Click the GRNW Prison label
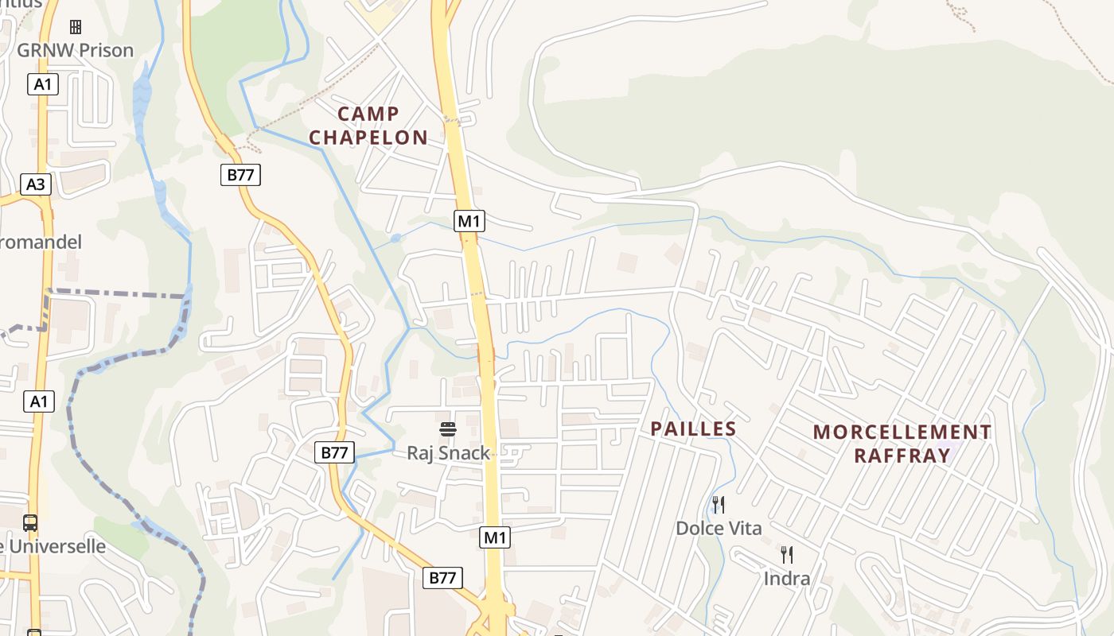coord(75,50)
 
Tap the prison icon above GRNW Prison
coord(76,27)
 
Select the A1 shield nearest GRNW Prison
coord(43,83)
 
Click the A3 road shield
coord(36,184)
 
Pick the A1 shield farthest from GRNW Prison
coord(39,401)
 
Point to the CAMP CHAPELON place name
coord(368,126)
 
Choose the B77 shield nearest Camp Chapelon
coord(240,175)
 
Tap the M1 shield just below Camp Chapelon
coord(469,220)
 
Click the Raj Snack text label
coord(449,453)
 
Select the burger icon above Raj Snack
coord(448,430)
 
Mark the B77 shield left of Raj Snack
coord(334,452)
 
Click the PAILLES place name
coord(693,429)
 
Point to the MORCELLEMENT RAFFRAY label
coord(902,444)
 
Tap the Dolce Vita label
coord(719,528)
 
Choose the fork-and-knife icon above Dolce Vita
coord(718,504)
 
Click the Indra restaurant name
coord(786,578)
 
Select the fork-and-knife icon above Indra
coord(786,554)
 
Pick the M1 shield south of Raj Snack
coord(495,537)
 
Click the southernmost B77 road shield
coord(442,578)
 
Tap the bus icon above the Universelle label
coord(30,523)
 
